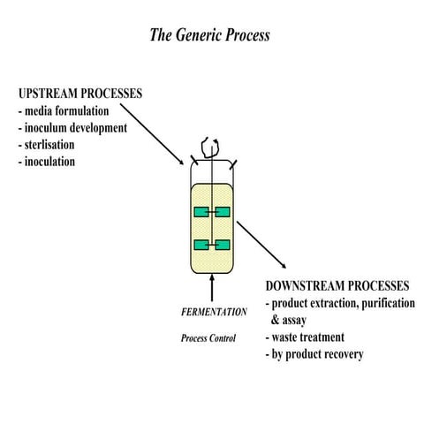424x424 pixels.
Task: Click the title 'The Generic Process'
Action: [210, 36]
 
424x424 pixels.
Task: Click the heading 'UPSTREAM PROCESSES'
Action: [79, 94]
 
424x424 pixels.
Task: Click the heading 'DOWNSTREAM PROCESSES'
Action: [337, 287]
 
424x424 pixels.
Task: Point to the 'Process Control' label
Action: [208, 338]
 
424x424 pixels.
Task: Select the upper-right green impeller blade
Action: [222, 211]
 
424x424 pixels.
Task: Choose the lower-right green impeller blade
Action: [222, 245]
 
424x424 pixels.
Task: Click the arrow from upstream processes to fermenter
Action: [149, 132]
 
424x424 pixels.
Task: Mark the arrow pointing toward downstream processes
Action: [261, 246]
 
